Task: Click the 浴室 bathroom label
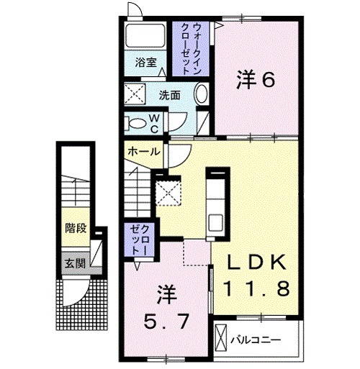[146, 63]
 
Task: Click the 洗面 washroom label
[170, 95]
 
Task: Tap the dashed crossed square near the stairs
[168, 193]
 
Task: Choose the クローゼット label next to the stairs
[137, 238]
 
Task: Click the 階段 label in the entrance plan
[76, 229]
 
